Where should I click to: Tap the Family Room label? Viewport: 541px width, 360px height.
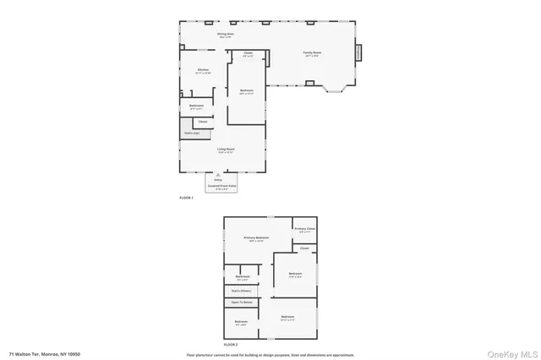[x=312, y=53]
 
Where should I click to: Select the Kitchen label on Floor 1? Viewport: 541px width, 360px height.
[x=204, y=70]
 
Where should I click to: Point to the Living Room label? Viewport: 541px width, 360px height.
[x=225, y=150]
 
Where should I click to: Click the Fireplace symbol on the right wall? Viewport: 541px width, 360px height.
[x=358, y=52]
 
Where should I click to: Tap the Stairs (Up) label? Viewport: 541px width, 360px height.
[x=192, y=133]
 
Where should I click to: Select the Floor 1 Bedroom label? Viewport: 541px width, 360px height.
[x=247, y=91]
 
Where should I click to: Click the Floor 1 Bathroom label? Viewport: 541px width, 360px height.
[x=196, y=106]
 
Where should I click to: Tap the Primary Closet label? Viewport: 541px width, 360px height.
[x=305, y=229]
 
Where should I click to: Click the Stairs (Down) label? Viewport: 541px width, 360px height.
[x=242, y=291]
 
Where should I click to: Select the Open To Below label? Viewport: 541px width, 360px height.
[x=242, y=303]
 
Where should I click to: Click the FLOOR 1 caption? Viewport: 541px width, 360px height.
[x=187, y=198]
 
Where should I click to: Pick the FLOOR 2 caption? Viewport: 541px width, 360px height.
[x=231, y=345]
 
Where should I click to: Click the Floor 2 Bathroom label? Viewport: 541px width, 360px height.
[x=243, y=277]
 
